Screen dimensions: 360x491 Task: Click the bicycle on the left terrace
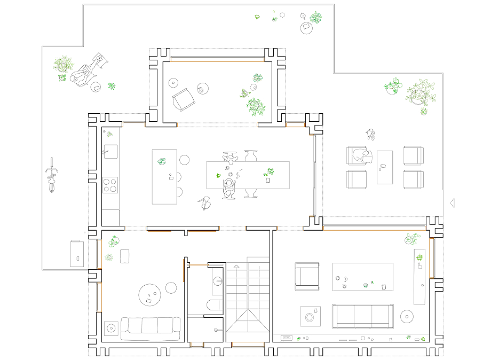(52, 175)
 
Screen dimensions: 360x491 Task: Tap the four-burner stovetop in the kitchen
(110, 185)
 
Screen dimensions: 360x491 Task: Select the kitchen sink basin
(110, 151)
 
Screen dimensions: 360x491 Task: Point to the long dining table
(248, 175)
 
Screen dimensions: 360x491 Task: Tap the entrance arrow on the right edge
(453, 202)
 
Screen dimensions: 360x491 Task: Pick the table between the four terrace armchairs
(384, 167)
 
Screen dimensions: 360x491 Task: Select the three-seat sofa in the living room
(363, 316)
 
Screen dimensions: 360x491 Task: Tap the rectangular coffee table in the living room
(363, 277)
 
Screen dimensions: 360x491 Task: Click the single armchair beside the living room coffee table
(307, 276)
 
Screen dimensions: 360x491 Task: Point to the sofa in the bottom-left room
(150, 328)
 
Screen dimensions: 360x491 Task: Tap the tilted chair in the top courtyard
(183, 99)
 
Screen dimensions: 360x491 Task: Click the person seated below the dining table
(229, 188)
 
